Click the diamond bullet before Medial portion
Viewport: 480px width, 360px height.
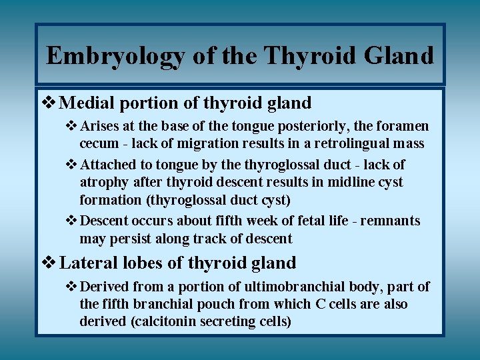pyautogui.click(x=50, y=103)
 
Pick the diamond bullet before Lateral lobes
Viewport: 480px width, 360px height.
pyautogui.click(x=50, y=263)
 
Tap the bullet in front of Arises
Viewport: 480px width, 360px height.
pyautogui.click(x=72, y=126)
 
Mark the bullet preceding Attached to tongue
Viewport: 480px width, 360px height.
pyautogui.click(x=72, y=164)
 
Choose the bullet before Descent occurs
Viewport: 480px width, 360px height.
pyautogui.click(x=72, y=221)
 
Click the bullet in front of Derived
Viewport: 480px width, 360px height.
pyautogui.click(x=72, y=287)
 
